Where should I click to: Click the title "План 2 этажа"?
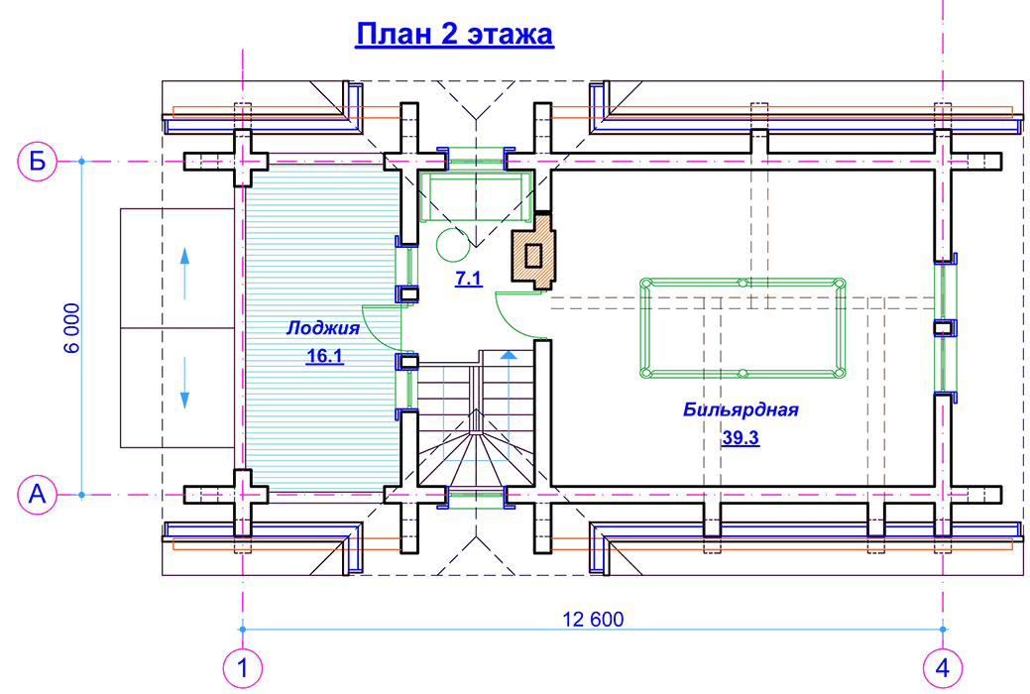pos(454,36)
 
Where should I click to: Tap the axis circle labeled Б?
pos(38,161)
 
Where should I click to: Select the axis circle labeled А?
pos(38,493)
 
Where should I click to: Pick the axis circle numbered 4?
pos(942,667)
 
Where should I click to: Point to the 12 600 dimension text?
pos(593,620)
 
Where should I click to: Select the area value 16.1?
pos(324,357)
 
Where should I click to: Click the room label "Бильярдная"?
pos(741,408)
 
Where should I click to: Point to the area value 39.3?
pos(740,438)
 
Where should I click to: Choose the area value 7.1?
pos(468,280)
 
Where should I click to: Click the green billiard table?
pos(743,328)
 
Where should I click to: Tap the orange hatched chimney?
pos(533,255)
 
